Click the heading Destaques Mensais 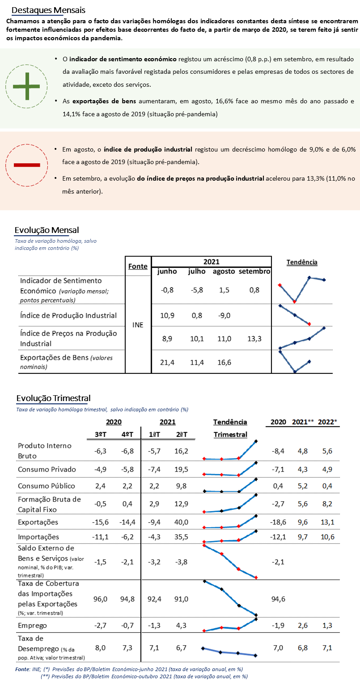[48, 10]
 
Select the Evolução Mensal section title [47, 230]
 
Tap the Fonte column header [138, 266]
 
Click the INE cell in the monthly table [138, 325]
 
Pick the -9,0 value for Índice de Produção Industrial [224, 316]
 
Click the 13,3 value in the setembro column [254, 339]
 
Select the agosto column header [224, 271]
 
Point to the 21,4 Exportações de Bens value [167, 362]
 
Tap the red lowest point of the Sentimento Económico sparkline [295, 301]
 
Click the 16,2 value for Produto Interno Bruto [181, 451]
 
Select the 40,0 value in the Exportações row [181, 522]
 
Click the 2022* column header [327, 422]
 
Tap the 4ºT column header [127, 435]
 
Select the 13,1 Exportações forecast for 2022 [327, 522]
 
